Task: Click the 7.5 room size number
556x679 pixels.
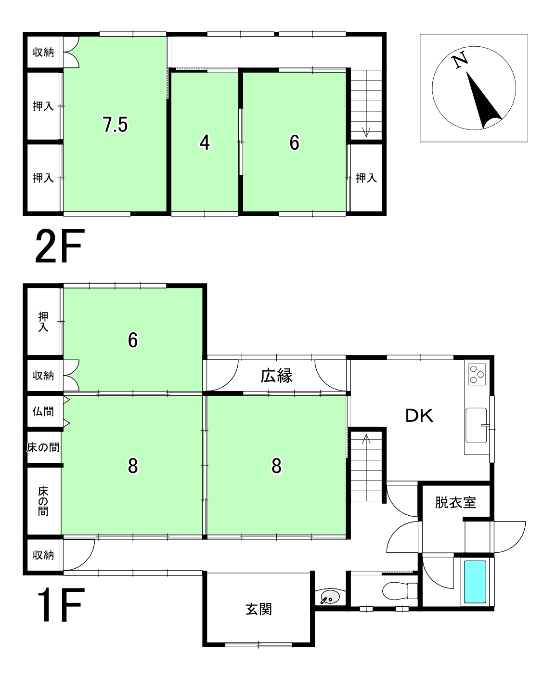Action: point(115,125)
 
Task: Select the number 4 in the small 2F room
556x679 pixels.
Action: point(205,143)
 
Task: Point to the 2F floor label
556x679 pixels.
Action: point(60,246)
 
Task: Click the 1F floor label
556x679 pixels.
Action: point(61,605)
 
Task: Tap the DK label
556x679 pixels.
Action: point(419,416)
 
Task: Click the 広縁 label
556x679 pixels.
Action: point(276,376)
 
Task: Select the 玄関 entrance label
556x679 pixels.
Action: point(259,609)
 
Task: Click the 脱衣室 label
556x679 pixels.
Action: point(455,503)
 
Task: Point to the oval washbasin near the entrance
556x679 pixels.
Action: point(330,597)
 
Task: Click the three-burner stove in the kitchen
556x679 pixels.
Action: point(477,375)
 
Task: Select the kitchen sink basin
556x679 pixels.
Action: point(476,425)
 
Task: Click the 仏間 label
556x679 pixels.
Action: point(43,411)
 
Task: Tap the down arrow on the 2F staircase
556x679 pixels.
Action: point(366,131)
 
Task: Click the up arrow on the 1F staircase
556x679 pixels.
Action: point(366,439)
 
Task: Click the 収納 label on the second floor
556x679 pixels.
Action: point(43,52)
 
